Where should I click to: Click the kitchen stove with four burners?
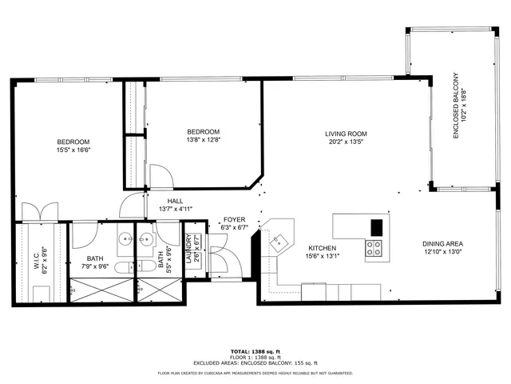(x=374, y=249)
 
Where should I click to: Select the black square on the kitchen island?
(x=375, y=226)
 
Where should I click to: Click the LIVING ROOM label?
(x=345, y=134)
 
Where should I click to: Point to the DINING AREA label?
(x=443, y=244)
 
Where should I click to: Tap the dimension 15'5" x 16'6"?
(x=73, y=150)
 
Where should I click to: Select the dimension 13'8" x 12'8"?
(x=203, y=141)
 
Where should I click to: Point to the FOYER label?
(x=234, y=219)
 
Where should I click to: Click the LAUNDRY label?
(x=189, y=249)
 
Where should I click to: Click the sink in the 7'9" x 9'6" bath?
(x=125, y=238)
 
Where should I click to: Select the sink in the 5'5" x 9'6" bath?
(x=149, y=238)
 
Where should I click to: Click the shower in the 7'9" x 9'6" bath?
(x=102, y=288)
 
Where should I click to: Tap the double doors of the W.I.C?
(x=37, y=212)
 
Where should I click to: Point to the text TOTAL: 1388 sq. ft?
(x=255, y=351)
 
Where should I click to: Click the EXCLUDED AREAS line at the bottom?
(x=255, y=364)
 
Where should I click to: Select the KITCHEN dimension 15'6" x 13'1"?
(x=323, y=257)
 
